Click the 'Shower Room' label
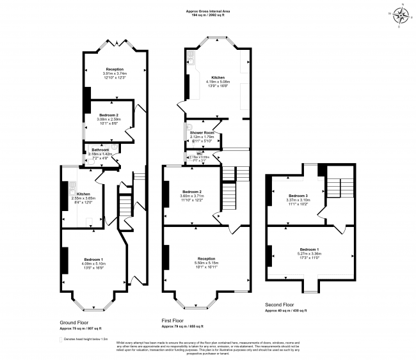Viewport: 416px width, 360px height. click(202, 132)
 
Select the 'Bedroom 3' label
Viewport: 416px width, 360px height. click(298, 195)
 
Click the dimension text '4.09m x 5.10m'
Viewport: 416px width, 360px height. click(93, 263)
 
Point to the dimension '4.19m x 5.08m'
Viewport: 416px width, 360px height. click(214, 82)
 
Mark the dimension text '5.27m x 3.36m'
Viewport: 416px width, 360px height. click(310, 253)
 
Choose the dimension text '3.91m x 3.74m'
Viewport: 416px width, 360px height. click(115, 74)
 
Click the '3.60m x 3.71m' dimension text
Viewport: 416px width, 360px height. click(192, 196)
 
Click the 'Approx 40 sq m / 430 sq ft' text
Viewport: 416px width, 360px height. click(286, 310)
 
